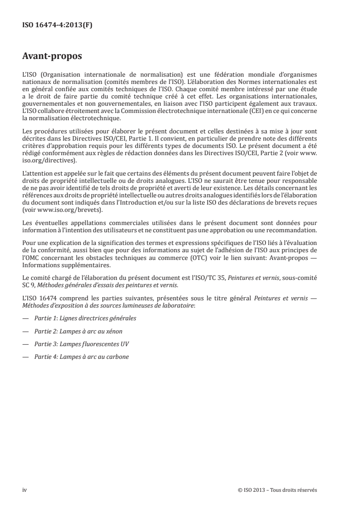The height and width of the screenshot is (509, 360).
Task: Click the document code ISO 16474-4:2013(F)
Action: click(57, 25)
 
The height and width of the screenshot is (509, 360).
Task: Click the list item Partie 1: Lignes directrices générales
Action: click(85, 318)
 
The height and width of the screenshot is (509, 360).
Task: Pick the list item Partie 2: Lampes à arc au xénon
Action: click(78, 331)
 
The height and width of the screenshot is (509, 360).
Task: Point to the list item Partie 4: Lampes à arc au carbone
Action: click(82, 357)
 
